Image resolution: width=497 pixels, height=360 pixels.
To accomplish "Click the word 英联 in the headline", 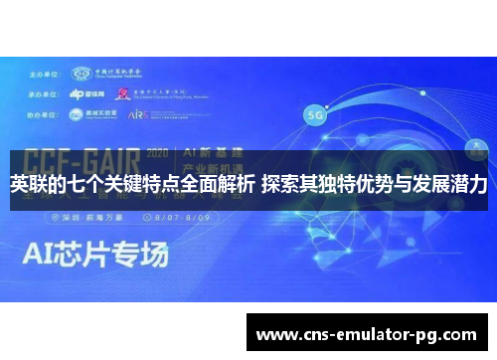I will [27, 185].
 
